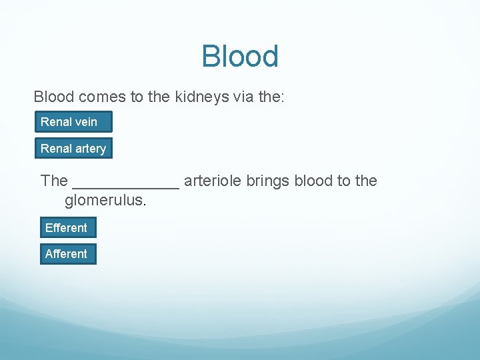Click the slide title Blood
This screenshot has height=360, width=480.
pyautogui.click(x=240, y=57)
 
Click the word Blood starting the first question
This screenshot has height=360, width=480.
pyautogui.click(x=54, y=97)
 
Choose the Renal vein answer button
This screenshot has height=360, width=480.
pyautogui.click(x=73, y=122)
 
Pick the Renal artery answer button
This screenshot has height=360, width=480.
pyautogui.click(x=73, y=149)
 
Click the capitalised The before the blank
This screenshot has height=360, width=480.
pyautogui.click(x=54, y=181)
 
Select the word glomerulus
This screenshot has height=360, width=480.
pyautogui.click(x=105, y=200)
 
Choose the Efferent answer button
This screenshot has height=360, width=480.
pyautogui.click(x=66, y=228)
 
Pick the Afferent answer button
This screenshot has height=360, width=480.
pyautogui.click(x=66, y=254)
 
